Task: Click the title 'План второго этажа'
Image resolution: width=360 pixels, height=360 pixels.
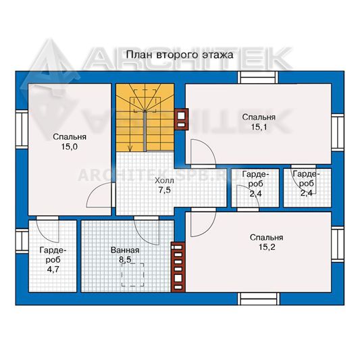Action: click(180, 55)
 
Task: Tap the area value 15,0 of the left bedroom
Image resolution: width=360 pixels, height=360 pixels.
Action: click(70, 147)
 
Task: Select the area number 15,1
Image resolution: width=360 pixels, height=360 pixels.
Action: click(259, 127)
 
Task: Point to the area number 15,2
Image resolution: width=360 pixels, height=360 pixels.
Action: click(267, 247)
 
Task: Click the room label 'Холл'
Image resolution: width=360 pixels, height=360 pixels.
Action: click(164, 181)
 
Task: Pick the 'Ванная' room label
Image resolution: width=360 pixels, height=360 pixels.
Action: click(125, 250)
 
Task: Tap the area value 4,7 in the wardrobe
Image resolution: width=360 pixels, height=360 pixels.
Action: click(53, 269)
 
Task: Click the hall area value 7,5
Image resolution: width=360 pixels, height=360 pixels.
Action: click(165, 190)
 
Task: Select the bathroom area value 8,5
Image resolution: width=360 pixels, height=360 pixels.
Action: click(125, 260)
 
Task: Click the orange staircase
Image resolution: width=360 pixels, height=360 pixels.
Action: click(145, 118)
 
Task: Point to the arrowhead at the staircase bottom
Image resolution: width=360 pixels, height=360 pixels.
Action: click(130, 149)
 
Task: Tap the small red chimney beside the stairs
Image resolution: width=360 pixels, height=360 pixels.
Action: click(182, 120)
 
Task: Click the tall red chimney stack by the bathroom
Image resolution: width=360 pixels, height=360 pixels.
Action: click(178, 267)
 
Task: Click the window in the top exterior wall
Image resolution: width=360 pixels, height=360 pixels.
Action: click(258, 78)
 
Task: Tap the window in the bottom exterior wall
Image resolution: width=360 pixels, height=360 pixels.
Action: click(259, 299)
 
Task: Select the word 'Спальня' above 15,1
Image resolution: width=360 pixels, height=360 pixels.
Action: click(259, 118)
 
